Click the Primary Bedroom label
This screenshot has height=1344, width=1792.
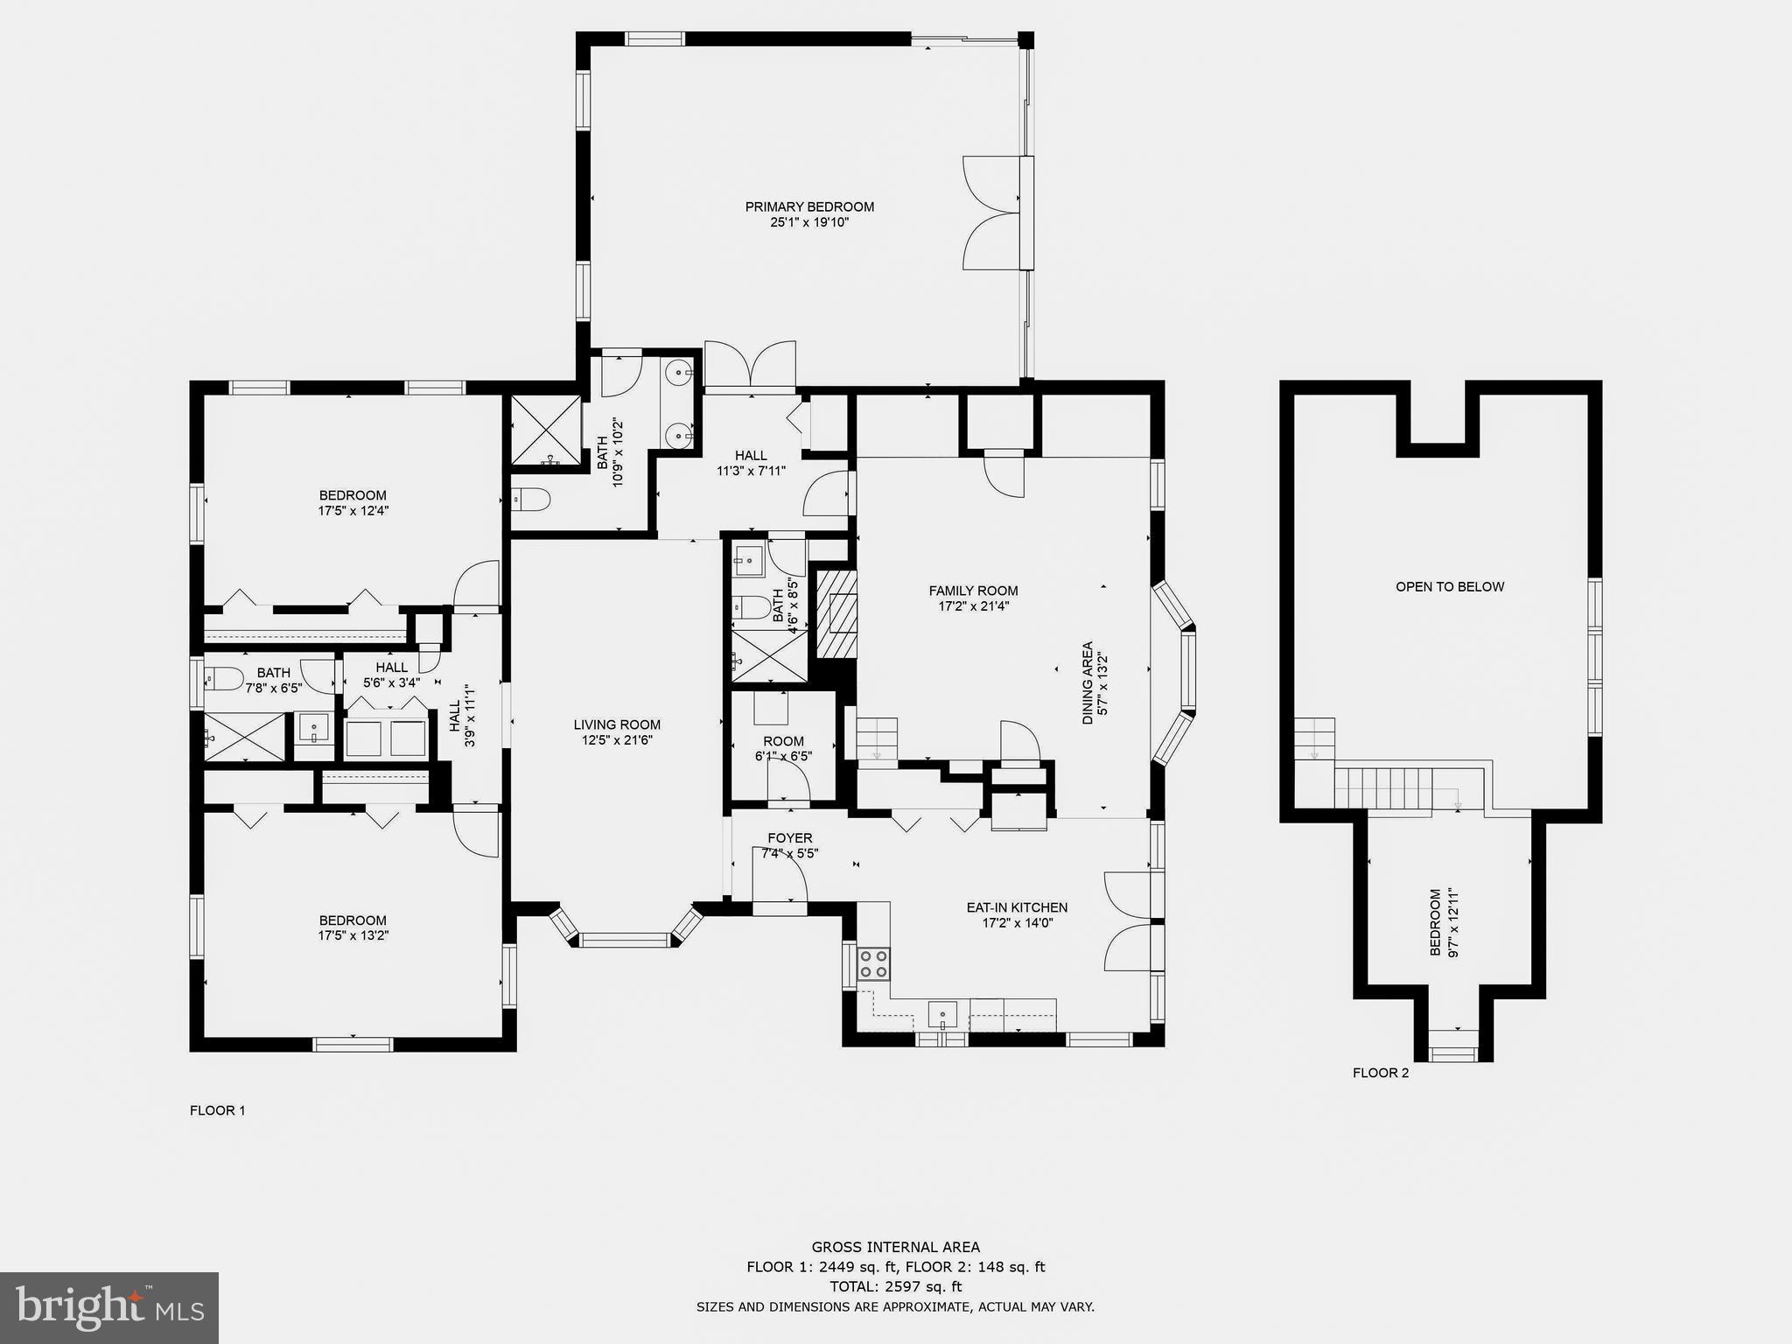point(809,206)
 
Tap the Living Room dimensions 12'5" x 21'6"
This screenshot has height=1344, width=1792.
point(617,740)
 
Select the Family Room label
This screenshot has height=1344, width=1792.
point(973,591)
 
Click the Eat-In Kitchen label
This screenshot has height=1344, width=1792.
point(1017,907)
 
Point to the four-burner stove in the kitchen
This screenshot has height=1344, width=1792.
point(873,963)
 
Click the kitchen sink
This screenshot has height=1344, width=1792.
point(942,1015)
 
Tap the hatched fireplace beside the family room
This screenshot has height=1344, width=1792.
point(836,613)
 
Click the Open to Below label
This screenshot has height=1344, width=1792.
point(1450,587)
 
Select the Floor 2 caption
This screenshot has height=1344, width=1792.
point(1381,1073)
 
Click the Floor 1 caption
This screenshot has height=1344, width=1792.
point(217,1110)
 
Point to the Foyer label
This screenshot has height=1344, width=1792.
point(790,838)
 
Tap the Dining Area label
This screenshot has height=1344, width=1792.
point(1088,683)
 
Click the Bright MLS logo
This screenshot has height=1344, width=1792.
point(109,1307)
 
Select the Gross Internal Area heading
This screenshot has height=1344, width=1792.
point(896,1248)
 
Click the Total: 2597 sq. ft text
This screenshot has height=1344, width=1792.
point(896,1286)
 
